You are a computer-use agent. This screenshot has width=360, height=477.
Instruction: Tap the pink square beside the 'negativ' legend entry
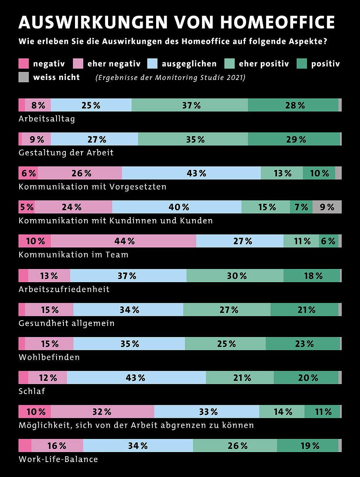[x=24, y=63]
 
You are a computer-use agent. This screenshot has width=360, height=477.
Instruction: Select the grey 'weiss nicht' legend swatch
[x=24, y=77]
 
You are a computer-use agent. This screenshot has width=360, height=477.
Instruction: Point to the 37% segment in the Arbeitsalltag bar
[x=190, y=105]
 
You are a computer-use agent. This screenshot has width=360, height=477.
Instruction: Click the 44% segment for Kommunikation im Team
[x=123, y=241]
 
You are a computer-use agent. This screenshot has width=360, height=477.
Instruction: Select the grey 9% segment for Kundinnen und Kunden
[x=327, y=207]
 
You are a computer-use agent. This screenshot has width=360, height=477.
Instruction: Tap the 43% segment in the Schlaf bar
[x=136, y=377]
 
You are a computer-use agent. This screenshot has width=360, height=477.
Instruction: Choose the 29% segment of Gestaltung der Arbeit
[x=294, y=139]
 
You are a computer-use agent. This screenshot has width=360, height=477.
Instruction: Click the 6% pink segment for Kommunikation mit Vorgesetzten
[x=28, y=173]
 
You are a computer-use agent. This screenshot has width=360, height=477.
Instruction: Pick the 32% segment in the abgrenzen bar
[x=102, y=412]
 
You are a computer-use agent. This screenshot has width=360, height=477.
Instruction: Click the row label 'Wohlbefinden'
[x=49, y=357]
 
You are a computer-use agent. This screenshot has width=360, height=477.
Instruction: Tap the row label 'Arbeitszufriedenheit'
[x=64, y=289]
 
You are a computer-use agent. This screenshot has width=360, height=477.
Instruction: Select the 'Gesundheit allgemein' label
[x=67, y=323]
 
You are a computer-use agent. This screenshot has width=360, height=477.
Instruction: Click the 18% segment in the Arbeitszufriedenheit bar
[x=312, y=275]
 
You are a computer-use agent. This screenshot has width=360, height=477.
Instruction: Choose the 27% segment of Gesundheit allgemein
[x=227, y=309]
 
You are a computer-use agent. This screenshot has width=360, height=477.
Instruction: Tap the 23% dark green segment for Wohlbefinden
[x=303, y=344]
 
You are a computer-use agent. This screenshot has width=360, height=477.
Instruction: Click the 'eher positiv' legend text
[x=264, y=63]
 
